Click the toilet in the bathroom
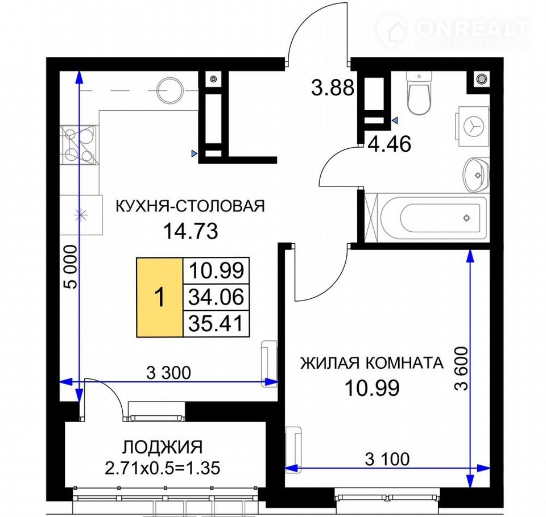click(x=419, y=93)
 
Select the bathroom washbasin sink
click(x=475, y=174)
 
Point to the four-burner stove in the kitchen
click(x=79, y=144)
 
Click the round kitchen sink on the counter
click(x=169, y=90)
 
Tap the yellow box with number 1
click(x=160, y=298)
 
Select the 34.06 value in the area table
click(x=216, y=297)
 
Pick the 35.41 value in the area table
click(x=216, y=324)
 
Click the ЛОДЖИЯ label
click(x=162, y=447)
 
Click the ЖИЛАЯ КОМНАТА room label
click(x=372, y=363)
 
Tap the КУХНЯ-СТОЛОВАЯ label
click(x=190, y=206)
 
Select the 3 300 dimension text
click(x=168, y=373)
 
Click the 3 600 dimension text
click(x=461, y=369)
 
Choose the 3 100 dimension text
click(x=387, y=459)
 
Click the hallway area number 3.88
click(x=333, y=87)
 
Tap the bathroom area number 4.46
click(x=390, y=144)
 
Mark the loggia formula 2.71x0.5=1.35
click(x=162, y=468)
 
